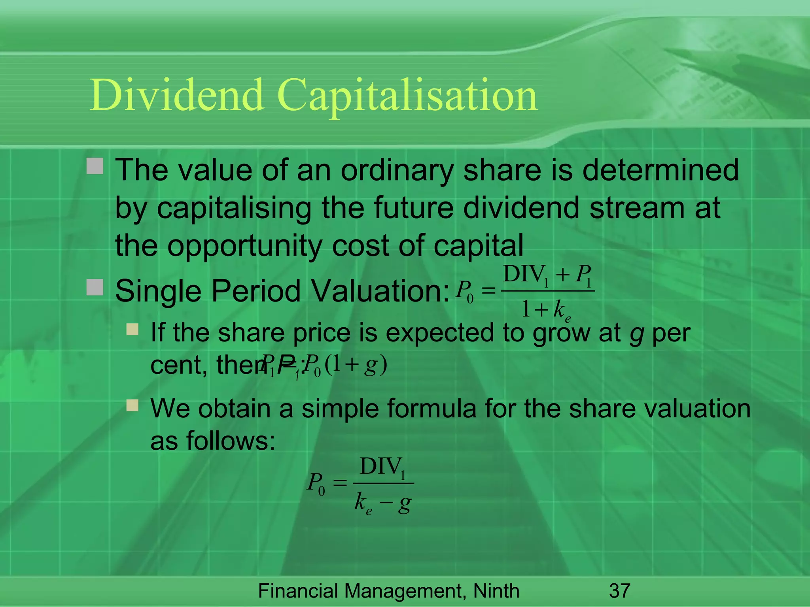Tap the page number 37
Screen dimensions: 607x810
(x=619, y=591)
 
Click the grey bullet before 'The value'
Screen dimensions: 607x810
(x=95, y=166)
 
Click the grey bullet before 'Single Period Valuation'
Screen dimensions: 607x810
(x=95, y=287)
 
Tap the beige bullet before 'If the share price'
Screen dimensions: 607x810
(x=132, y=329)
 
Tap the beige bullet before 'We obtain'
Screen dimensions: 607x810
(x=132, y=405)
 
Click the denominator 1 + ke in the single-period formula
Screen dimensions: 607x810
(x=546, y=310)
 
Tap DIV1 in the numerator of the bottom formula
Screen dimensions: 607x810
(x=382, y=468)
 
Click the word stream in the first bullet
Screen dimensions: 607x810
(x=637, y=208)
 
